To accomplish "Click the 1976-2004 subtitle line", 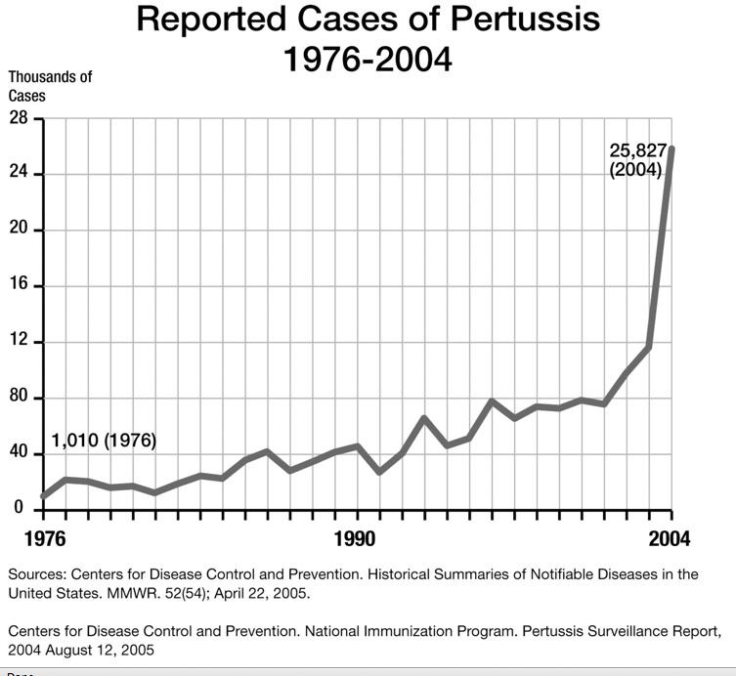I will click(368, 60).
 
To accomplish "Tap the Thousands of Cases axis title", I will click(51, 86).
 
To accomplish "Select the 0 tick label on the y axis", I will click(19, 509).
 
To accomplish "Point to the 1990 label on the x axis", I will click(354, 539).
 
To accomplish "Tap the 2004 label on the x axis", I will click(670, 539).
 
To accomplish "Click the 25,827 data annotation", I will click(638, 150).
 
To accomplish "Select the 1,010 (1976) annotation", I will click(104, 442).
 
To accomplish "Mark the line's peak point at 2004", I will click(671, 148).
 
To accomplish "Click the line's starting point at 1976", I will click(43, 496).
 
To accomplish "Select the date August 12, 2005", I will click(102, 650).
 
